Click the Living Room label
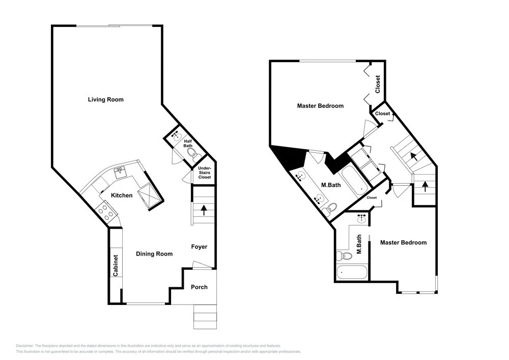point(106,100)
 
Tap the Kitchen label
point(122,196)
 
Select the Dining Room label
point(154,254)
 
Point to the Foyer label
point(199,247)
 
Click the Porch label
point(199,287)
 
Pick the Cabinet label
point(116,265)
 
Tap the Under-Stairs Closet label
point(205,173)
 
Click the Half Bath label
point(188,144)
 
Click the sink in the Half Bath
point(177,136)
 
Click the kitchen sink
point(121,172)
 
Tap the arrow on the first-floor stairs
point(204,210)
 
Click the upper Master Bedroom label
point(320,106)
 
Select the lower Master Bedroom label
point(403,242)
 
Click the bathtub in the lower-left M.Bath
point(352,272)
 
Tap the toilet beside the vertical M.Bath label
point(344,256)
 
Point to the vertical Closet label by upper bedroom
point(378,84)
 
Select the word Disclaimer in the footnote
point(24,346)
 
